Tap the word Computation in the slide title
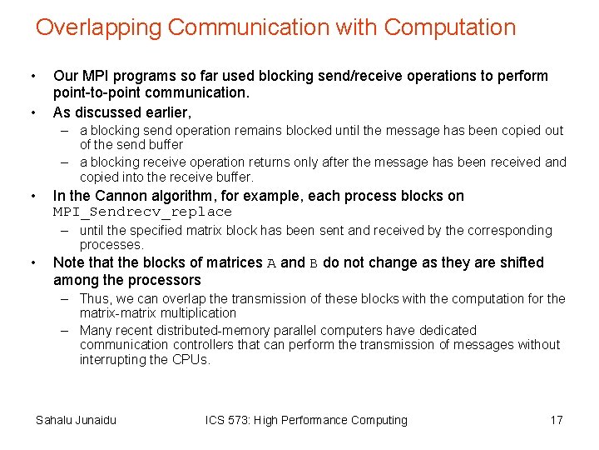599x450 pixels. click(x=450, y=27)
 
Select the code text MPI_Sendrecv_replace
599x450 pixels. click(x=142, y=212)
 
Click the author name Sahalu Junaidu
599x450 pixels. click(x=76, y=420)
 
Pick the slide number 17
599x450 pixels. click(x=557, y=420)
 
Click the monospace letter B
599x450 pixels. click(x=314, y=263)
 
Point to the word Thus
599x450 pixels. click(x=94, y=298)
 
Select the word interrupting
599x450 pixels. click(x=113, y=360)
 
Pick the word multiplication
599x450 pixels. click(x=197, y=313)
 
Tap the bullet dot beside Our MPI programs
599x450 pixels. click(x=32, y=77)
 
